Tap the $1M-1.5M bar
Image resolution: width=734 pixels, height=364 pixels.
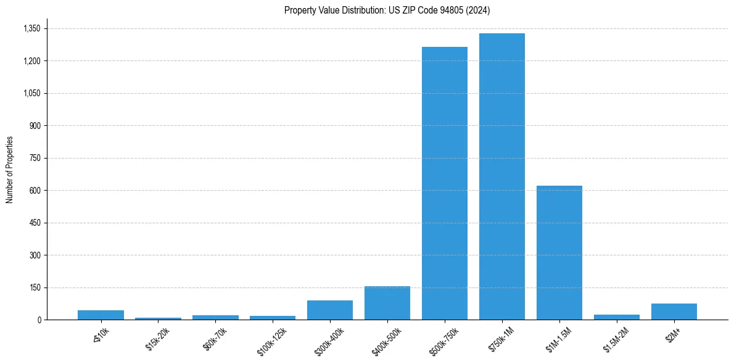559,252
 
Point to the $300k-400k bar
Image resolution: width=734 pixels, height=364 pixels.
329,310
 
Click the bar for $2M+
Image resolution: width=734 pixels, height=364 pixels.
674,312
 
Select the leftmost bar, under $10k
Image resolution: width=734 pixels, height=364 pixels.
101,315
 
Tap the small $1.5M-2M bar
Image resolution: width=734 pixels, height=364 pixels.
616,317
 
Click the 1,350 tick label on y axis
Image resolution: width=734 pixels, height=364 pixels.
31,28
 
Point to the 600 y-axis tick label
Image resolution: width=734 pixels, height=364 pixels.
35,191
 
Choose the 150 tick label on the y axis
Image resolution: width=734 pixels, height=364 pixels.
35,287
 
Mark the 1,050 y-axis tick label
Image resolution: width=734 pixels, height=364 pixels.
31,93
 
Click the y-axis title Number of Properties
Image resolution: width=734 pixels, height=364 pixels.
10,170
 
